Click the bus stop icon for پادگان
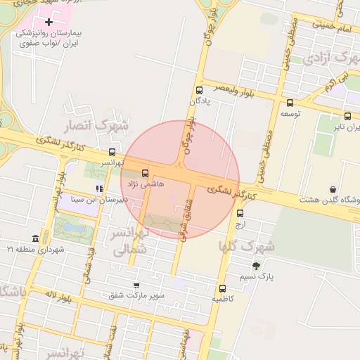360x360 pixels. tap(199, 90)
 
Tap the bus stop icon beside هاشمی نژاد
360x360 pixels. tap(146, 173)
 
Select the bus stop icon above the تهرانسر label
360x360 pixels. tap(112, 152)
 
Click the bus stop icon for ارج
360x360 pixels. tap(240, 214)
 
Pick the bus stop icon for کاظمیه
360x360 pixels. tap(222, 288)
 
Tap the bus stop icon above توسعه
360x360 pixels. tap(290, 103)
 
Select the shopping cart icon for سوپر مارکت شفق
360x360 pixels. tap(136, 285)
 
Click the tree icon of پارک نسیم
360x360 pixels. tap(255, 266)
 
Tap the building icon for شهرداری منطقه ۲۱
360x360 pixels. tap(36, 238)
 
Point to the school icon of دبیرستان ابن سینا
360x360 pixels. tap(99, 188)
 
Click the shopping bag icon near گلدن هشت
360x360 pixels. tap(333, 189)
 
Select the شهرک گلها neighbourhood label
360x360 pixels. tap(245, 246)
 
